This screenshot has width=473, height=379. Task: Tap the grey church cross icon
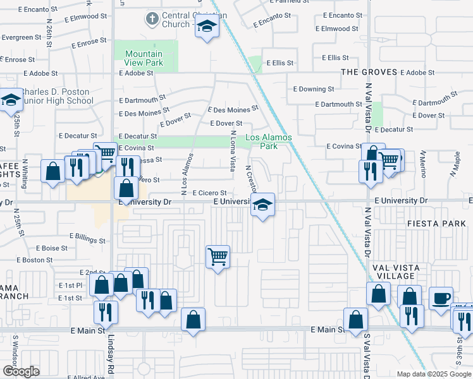tap(151, 19)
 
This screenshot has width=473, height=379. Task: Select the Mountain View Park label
tap(144, 58)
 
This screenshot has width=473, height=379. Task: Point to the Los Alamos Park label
tap(270, 141)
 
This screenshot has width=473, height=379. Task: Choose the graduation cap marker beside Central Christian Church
tap(206, 27)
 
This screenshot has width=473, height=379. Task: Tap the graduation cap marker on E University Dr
tap(262, 205)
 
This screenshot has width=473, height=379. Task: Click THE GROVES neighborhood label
tap(369, 72)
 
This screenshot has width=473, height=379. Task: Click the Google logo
tap(21, 371)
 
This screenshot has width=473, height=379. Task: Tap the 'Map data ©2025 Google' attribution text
tap(433, 374)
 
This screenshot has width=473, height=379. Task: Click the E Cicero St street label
tap(209, 193)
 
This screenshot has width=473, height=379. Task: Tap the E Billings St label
tap(88, 239)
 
